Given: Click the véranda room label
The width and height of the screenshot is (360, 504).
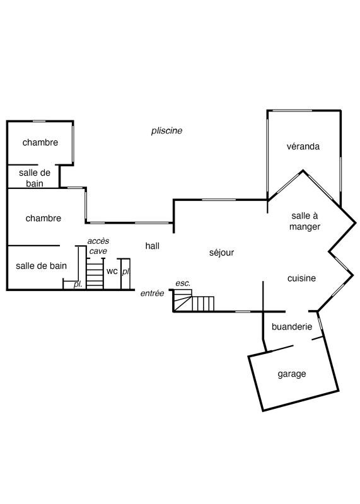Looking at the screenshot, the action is (303, 147).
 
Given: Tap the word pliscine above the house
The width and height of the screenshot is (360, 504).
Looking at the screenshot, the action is (166, 131).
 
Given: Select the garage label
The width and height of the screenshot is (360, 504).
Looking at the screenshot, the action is (292, 374).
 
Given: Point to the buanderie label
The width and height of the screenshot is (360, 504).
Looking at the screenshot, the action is (292, 326).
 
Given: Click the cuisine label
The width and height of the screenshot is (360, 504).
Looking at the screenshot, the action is (301, 278).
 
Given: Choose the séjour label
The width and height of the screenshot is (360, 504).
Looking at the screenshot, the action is (221, 253).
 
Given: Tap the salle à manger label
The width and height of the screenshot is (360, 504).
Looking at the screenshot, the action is (305, 221).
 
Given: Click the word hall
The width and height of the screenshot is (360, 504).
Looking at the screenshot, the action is (152, 246).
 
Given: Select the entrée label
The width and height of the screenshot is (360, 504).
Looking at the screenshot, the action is (152, 293).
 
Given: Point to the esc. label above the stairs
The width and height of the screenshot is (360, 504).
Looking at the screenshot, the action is (183, 283).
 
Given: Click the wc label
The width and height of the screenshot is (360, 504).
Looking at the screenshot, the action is (112, 272).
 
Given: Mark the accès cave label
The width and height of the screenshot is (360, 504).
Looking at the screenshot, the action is (98, 246).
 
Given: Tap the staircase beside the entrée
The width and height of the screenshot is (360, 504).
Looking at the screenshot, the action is (194, 301).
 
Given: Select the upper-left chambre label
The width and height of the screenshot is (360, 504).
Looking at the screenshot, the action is (40, 142).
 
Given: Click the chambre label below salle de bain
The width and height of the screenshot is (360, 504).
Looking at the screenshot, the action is (43, 218).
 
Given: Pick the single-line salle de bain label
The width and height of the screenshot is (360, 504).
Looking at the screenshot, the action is (41, 266).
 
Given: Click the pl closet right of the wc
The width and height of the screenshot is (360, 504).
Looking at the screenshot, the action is (125, 273).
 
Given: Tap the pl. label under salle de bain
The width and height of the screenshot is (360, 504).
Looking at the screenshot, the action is (78, 285).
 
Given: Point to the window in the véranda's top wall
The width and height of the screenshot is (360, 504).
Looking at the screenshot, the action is (290, 111).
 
